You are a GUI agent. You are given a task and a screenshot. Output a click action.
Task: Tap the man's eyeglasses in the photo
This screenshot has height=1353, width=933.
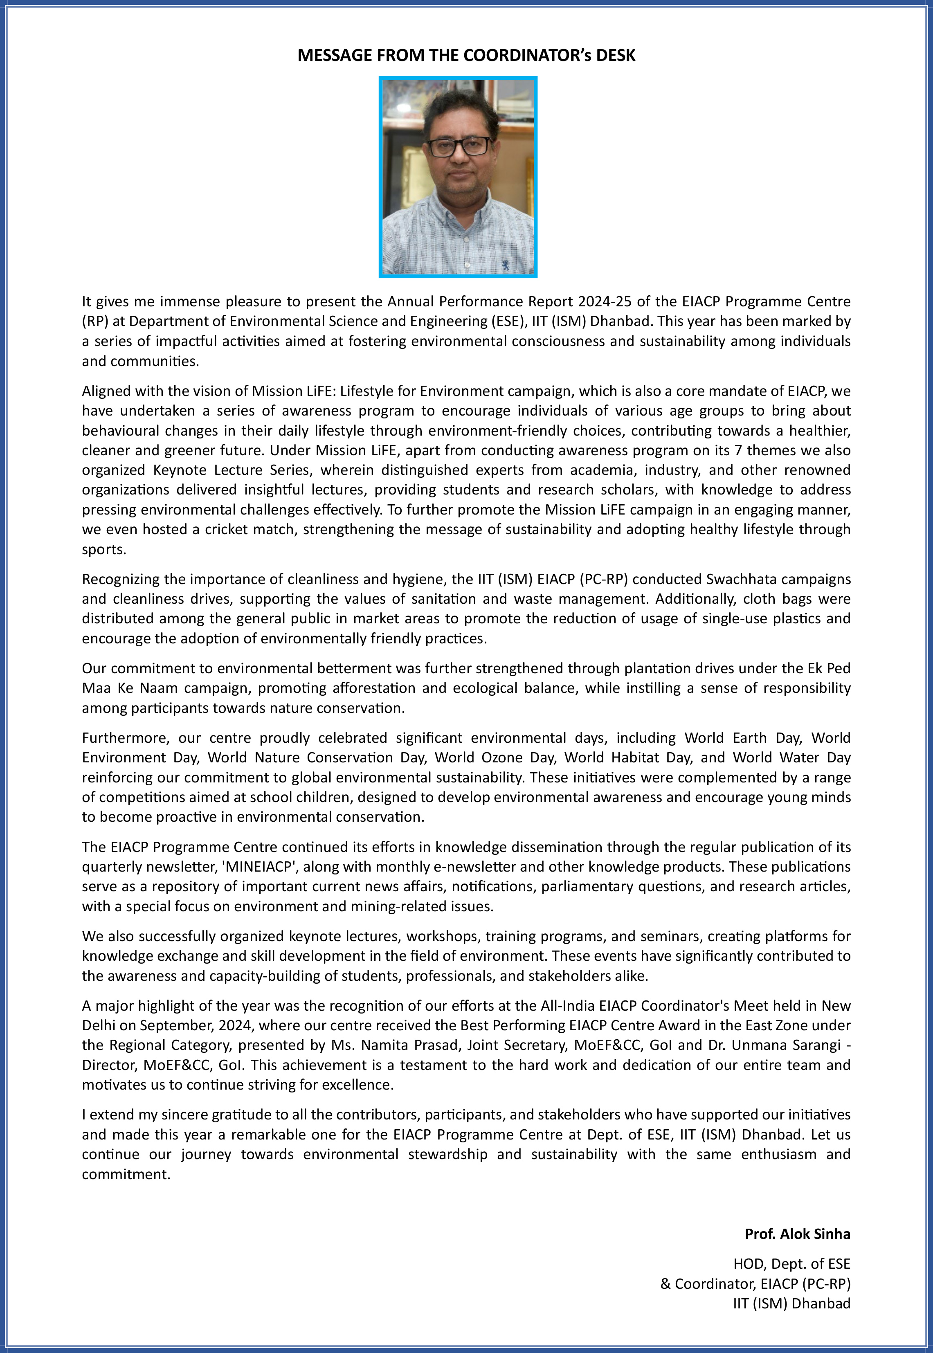tap(459, 146)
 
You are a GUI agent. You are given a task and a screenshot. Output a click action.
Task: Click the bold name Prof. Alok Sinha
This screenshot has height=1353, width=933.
tap(797, 1234)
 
